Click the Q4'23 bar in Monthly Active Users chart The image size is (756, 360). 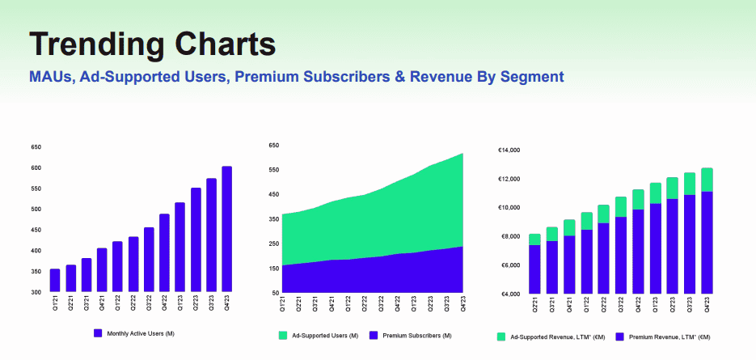click(227, 229)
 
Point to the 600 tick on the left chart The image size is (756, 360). click(36, 167)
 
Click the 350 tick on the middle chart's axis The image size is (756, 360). click(273, 219)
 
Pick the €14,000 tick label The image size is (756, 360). click(509, 150)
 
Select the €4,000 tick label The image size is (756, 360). click(509, 294)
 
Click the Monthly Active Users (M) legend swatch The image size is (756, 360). click(99, 332)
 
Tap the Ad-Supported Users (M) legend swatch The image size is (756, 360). click(283, 335)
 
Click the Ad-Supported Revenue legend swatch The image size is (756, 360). click(501, 336)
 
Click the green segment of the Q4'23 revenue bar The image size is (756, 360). click(707, 180)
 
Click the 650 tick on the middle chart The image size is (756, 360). click(273, 146)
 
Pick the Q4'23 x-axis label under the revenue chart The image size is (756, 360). click(707, 305)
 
